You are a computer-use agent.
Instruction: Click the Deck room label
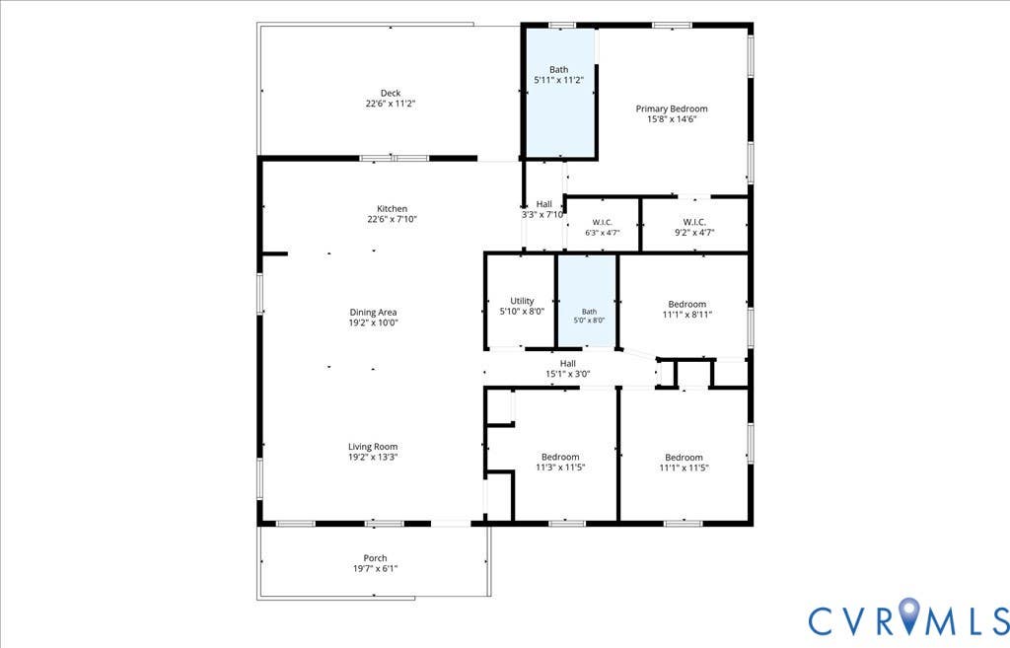tap(391, 94)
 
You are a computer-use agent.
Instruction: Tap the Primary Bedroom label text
tap(671, 108)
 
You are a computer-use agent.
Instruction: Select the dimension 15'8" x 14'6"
tap(672, 119)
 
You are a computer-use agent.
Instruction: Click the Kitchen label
tap(392, 209)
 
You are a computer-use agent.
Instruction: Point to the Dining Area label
tap(373, 313)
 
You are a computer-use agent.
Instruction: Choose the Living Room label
tap(373, 447)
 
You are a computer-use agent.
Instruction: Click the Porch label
tap(375, 558)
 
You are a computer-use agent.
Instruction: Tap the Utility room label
tap(522, 301)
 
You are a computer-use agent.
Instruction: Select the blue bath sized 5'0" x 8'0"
tap(587, 302)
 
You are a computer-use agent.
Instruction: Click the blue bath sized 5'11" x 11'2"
tap(559, 92)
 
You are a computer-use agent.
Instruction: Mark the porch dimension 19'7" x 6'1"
tap(375, 569)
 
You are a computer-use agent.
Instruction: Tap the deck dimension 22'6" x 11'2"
tap(391, 104)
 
